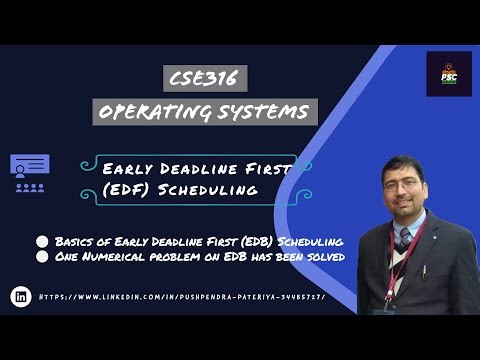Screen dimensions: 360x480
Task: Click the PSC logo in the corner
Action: (448, 74)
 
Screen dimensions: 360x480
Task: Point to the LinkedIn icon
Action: (20, 296)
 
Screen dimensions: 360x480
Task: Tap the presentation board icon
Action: (29, 170)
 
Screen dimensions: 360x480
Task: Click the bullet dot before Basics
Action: (42, 241)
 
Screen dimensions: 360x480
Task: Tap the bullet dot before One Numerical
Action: (42, 258)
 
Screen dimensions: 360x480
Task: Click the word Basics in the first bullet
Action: (75, 241)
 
